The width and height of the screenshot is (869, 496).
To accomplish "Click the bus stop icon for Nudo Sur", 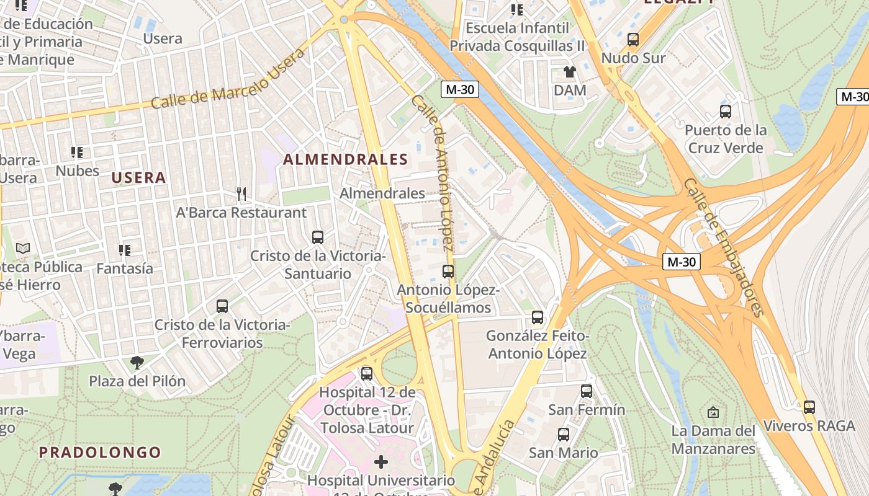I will click(633, 40).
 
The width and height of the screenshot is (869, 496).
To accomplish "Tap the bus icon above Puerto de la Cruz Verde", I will click(725, 112).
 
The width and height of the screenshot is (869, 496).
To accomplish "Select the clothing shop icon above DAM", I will click(569, 72).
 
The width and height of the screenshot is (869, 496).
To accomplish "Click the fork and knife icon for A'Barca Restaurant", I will click(241, 194).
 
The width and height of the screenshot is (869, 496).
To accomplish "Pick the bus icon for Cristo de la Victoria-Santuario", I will click(317, 237).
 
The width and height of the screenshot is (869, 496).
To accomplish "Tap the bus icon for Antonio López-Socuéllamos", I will click(448, 272).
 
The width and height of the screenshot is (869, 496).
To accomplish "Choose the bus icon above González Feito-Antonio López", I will click(537, 317).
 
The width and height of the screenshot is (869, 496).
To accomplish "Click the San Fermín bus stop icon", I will click(586, 391).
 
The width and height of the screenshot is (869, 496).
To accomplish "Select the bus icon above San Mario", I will click(563, 435).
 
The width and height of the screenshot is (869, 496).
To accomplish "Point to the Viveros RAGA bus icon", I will click(809, 407).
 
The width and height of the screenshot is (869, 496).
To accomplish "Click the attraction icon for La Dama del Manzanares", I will click(713, 412).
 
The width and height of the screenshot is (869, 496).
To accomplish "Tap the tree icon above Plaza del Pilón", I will click(137, 363).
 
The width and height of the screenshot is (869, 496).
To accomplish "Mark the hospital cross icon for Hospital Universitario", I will click(381, 462).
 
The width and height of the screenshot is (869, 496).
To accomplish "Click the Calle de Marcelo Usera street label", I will click(228, 79).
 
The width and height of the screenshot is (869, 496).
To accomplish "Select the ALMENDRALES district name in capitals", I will click(346, 159).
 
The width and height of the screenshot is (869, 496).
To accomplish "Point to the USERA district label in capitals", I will click(138, 178).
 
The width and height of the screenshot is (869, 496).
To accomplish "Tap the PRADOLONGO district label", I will click(100, 452).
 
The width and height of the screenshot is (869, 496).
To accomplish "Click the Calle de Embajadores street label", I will click(723, 247).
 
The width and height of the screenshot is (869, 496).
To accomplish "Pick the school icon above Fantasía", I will click(124, 250).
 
